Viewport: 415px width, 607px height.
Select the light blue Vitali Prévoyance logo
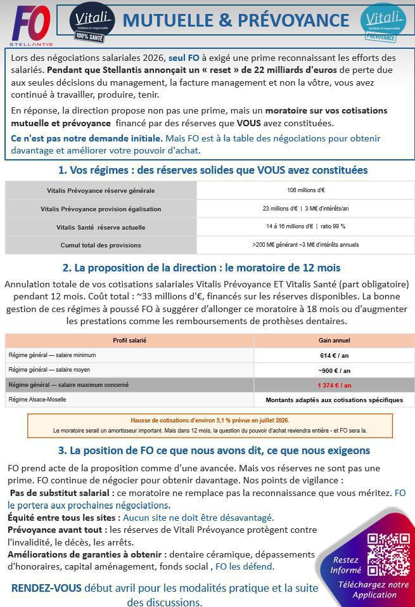point(383,22)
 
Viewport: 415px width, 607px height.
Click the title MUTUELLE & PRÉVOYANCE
point(236,20)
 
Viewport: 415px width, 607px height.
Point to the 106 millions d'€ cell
point(305,190)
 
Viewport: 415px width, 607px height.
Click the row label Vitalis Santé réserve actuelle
point(101,227)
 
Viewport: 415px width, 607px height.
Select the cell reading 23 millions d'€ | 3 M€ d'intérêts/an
point(305,209)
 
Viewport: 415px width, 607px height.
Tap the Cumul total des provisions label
point(101,245)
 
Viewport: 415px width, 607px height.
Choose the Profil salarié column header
point(129,341)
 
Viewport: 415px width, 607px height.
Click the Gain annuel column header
point(334,341)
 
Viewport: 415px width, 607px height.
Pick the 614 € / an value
point(334,356)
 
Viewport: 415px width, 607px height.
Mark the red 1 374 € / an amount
point(334,385)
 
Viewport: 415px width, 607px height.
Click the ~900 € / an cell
point(334,370)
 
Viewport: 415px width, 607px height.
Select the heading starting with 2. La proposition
point(201,268)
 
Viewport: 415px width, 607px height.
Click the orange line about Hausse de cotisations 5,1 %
point(210,421)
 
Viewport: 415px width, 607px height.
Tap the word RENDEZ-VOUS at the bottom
point(46,588)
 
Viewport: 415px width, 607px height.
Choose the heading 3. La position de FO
point(214,450)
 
